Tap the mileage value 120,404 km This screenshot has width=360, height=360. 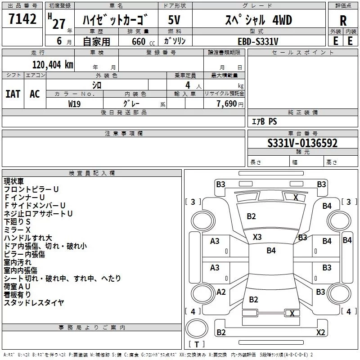click(x=52, y=65)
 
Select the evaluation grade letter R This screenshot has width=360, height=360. click(x=343, y=21)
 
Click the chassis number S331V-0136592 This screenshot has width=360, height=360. click(x=302, y=144)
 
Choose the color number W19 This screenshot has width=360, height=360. click(x=74, y=103)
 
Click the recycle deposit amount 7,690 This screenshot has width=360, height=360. click(x=227, y=103)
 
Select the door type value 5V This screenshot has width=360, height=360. click(x=174, y=20)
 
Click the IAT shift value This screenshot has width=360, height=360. click(x=13, y=94)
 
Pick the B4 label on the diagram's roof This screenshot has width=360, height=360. click(x=271, y=251)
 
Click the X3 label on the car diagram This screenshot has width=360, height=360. click(x=257, y=237)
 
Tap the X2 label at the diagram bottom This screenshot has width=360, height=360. click(x=320, y=333)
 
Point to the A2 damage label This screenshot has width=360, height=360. click(x=221, y=292)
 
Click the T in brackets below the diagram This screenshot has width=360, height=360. click(x=196, y=344)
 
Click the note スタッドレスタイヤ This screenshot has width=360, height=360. click(x=34, y=302)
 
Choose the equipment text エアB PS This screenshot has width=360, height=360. click(x=264, y=121)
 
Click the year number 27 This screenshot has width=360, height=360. click(x=59, y=23)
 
